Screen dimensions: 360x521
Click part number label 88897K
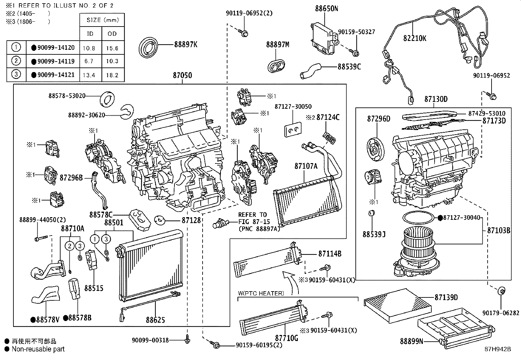coord(186,45)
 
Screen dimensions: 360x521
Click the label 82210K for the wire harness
coord(415,38)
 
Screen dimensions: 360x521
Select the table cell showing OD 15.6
coord(112,48)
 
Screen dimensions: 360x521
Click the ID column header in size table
coord(90,34)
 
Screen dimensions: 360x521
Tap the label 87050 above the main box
coord(182,75)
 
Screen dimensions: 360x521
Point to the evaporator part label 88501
coord(114,223)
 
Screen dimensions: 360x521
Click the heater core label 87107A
coord(306,166)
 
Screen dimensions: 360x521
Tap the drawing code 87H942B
coord(498,349)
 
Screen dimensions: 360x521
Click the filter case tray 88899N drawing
coord(455,327)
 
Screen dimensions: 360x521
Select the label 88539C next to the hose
coord(349,66)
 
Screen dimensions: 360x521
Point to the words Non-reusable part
coord(38,349)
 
